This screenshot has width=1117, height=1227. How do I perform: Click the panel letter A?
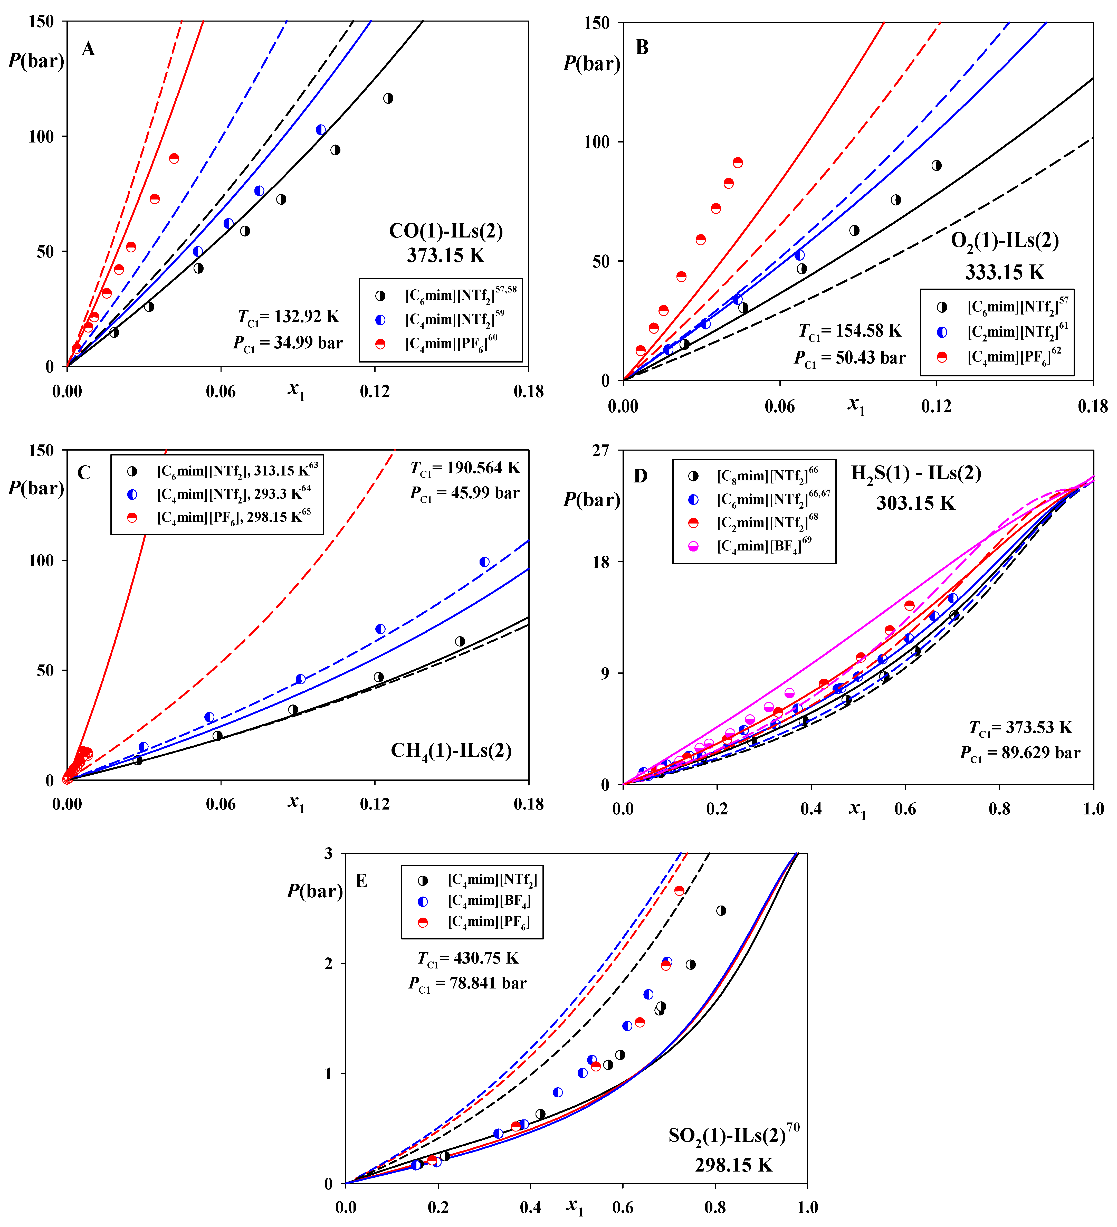point(88,49)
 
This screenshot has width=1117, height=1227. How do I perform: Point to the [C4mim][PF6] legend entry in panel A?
point(451,344)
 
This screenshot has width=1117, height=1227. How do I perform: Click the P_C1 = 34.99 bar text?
point(288,343)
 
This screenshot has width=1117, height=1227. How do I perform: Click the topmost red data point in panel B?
point(738,163)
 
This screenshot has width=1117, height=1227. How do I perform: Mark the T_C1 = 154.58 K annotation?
point(850,331)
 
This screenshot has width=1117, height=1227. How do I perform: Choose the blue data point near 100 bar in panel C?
point(484,562)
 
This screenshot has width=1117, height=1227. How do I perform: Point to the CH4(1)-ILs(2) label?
point(451,750)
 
